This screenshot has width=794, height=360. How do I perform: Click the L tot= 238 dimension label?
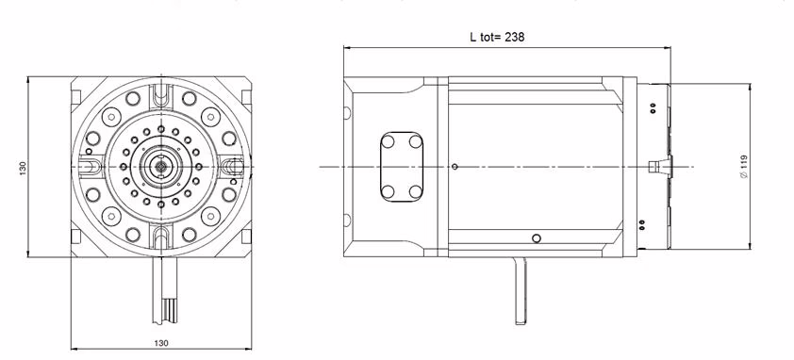(x=497, y=37)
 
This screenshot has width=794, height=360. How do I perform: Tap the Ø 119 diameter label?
(x=743, y=167)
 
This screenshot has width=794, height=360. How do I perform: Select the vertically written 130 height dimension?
(x=23, y=168)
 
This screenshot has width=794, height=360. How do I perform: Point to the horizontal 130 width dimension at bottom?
(x=161, y=343)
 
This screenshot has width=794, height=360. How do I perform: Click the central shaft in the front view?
(x=161, y=166)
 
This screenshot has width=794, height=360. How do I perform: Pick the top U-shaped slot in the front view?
(x=161, y=94)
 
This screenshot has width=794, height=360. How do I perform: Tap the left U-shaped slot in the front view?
(x=90, y=166)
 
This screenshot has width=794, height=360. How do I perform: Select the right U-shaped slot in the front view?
(x=232, y=166)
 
